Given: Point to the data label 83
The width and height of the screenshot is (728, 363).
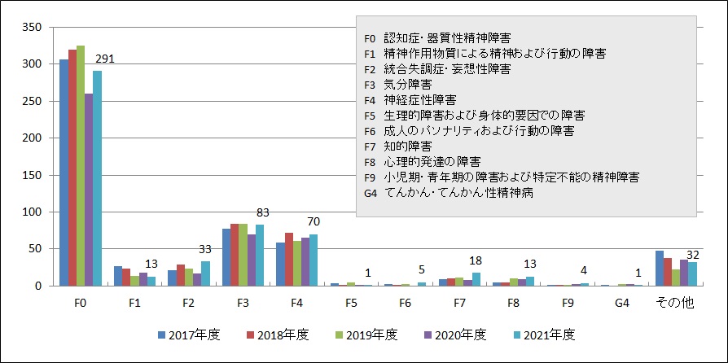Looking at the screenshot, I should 262,213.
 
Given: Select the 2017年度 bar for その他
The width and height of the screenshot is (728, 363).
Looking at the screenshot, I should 660,269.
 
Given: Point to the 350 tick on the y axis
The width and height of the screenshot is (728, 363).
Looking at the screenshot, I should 30,27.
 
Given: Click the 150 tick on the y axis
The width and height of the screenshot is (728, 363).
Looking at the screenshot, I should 30,175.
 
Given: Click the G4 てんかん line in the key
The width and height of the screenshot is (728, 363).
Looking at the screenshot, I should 449,192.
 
